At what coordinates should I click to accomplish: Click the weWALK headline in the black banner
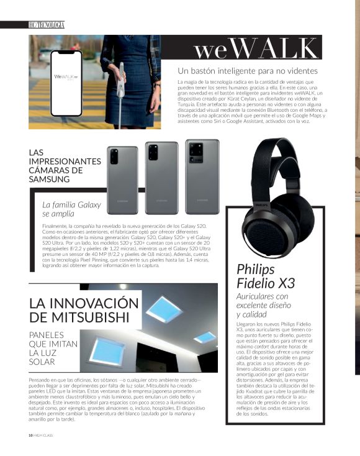coord(254,49)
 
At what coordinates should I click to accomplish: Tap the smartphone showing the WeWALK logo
coord(66,83)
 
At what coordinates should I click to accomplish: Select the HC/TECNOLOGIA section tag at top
coord(46,24)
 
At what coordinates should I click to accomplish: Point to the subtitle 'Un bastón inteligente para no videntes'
coord(248,70)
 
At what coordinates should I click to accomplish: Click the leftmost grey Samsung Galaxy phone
coord(123,180)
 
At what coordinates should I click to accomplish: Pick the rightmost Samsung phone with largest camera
coord(202,177)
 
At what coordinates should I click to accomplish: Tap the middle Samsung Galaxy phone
coord(161,178)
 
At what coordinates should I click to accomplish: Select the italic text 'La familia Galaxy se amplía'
coord(71,209)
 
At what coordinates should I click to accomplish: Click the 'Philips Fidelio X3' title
coord(266,276)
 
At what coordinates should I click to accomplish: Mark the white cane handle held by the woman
coord(121,74)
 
